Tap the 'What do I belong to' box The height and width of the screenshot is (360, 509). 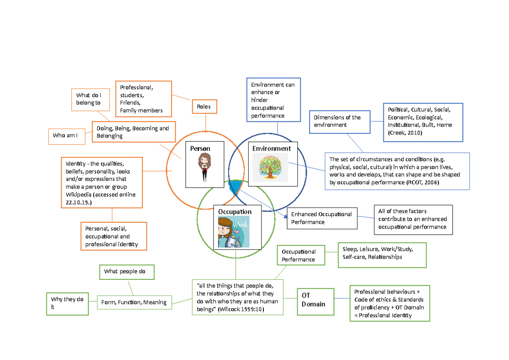pos(89,99)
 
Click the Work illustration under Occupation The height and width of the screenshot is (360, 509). pos(233,232)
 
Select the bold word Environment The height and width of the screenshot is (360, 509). pos(271,149)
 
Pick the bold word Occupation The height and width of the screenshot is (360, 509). pos(235,211)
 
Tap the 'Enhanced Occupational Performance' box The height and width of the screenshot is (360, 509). pos(322,218)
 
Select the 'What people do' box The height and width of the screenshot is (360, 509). pos(126,272)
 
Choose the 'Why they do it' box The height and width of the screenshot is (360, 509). pos(67,303)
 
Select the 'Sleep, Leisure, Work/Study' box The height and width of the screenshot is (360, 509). pos(382,253)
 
